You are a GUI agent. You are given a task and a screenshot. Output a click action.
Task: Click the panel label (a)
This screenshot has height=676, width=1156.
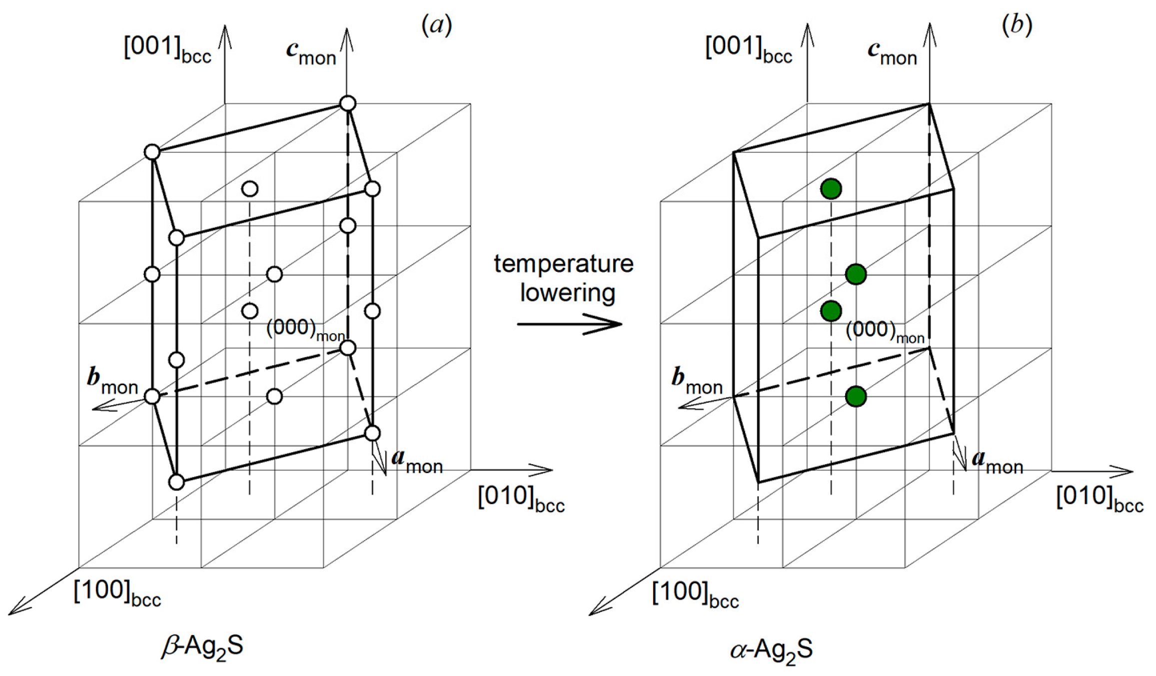click(x=436, y=25)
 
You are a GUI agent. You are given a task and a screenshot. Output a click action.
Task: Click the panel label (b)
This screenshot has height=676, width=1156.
click(x=1017, y=25)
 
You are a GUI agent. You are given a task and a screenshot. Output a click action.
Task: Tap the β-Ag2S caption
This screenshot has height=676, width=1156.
click(x=202, y=647)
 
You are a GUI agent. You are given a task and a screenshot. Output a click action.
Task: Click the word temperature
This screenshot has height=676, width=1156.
click(x=563, y=264)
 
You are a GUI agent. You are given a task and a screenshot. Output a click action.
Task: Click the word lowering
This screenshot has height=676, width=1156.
click(x=567, y=293)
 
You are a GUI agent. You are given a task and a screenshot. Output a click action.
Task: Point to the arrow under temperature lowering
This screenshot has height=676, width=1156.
click(x=570, y=324)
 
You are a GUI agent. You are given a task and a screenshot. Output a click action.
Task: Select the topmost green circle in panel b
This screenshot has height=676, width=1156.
click(x=831, y=189)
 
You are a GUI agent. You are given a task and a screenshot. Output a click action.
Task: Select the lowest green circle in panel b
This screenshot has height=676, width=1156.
click(x=856, y=396)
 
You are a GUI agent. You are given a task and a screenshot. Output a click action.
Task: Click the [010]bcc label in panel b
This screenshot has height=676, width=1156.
click(x=1100, y=499)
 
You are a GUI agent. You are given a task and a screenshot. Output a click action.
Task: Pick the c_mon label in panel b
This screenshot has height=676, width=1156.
click(x=892, y=53)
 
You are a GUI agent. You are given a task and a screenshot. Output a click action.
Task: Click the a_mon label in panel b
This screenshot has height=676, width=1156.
click(x=997, y=462)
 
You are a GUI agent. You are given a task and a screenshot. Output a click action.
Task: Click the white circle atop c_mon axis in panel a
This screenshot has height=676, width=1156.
click(x=347, y=103)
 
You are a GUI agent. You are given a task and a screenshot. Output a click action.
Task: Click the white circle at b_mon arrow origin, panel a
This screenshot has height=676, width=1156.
click(x=152, y=396)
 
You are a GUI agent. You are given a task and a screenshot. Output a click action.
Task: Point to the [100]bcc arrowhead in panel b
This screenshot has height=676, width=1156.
click(x=595, y=612)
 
